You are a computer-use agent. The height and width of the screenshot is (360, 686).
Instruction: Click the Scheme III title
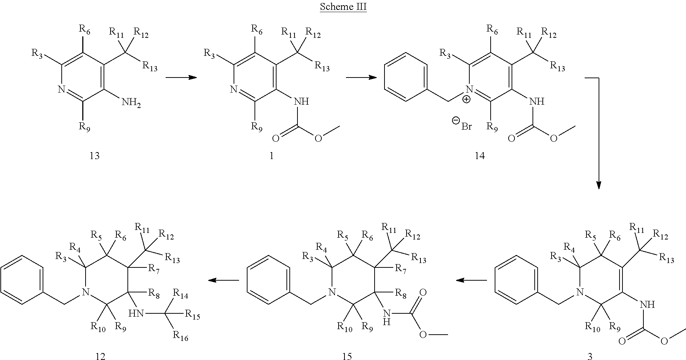click(x=343, y=7)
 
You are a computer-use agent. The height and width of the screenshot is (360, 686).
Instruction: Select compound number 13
click(x=94, y=156)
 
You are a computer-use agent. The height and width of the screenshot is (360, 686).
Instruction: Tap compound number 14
click(x=480, y=156)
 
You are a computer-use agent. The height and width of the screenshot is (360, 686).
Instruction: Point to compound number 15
click(x=347, y=356)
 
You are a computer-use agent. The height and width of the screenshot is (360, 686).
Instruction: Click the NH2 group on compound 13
click(x=131, y=104)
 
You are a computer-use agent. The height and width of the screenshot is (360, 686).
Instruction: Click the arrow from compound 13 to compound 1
click(x=181, y=78)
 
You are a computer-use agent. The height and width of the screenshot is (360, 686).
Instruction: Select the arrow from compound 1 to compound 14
click(x=361, y=78)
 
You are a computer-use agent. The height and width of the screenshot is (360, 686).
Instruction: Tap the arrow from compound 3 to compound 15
click(x=471, y=281)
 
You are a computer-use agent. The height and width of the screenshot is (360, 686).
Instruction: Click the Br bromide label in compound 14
click(x=466, y=127)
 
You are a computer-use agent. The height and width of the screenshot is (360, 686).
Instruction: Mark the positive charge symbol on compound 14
click(x=466, y=100)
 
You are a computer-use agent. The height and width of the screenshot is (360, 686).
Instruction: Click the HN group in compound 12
click(x=136, y=313)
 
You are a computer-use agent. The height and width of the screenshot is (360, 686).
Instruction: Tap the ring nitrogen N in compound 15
click(x=332, y=292)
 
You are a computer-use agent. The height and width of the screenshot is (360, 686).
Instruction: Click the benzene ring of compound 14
click(x=406, y=77)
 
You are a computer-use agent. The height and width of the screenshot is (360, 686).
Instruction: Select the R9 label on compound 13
click(x=84, y=127)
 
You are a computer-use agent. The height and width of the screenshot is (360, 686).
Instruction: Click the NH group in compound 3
click(x=647, y=304)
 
